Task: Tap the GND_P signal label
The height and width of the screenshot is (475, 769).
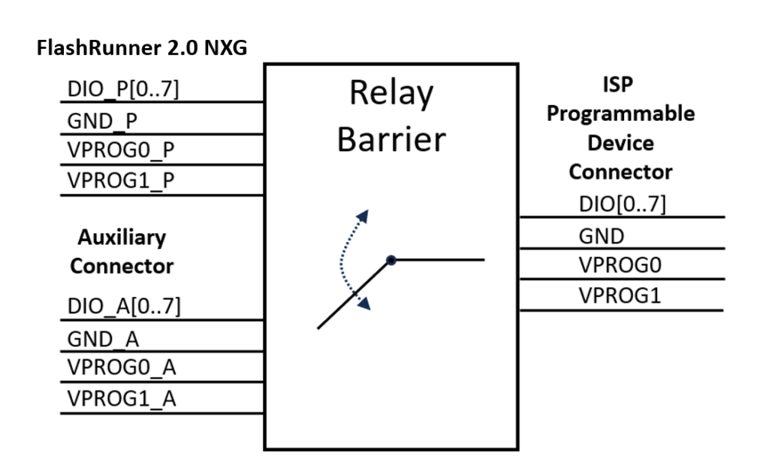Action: [x=98, y=121]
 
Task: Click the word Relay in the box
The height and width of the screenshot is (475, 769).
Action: [x=391, y=96]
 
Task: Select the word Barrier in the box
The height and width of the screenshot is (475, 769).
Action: [x=391, y=140]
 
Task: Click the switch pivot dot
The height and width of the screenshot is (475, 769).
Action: [x=391, y=260]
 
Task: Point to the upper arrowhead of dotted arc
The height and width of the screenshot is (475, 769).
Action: [x=364, y=215]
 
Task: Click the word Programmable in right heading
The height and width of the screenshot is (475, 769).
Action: [x=620, y=114]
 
